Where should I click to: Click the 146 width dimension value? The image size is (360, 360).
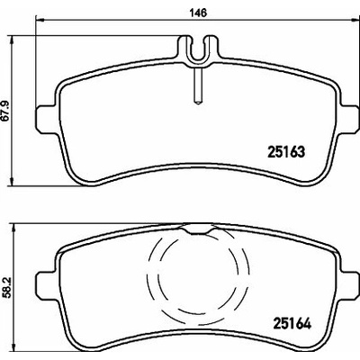click(x=198, y=13)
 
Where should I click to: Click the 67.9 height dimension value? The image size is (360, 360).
click(x=6, y=111)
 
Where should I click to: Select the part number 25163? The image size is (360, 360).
click(x=285, y=152)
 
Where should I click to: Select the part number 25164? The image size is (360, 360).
click(x=292, y=323)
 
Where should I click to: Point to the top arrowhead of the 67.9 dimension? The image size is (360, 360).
click(x=12, y=40)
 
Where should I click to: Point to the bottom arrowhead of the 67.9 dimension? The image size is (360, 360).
click(x=12, y=182)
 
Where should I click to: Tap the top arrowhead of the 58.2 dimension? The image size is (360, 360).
click(x=13, y=228)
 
